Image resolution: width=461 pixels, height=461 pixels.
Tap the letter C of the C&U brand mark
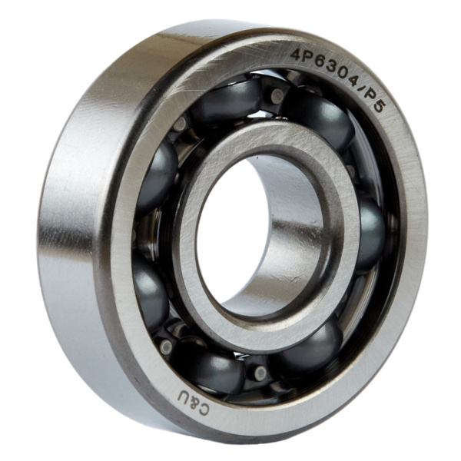tap(204, 409)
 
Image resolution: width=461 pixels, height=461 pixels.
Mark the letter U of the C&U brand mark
tap(184, 397)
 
